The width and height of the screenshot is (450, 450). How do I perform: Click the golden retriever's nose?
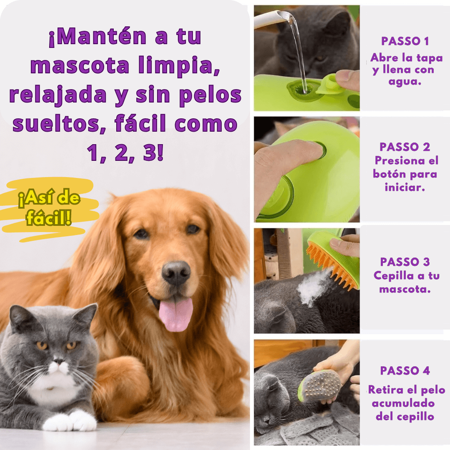pyautogui.click(x=176, y=273)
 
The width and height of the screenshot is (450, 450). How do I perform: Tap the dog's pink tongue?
pyautogui.click(x=176, y=314)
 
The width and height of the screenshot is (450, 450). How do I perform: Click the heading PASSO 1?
pyautogui.click(x=405, y=41)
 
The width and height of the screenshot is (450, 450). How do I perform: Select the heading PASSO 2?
pyautogui.click(x=405, y=147)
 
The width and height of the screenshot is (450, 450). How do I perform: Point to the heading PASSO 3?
pyautogui.click(x=405, y=262)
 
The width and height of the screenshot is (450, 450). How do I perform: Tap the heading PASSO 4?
pyautogui.click(x=405, y=370)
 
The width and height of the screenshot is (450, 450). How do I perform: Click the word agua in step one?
pyautogui.click(x=405, y=82)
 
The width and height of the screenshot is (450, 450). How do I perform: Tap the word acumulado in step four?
pyautogui.click(x=403, y=403)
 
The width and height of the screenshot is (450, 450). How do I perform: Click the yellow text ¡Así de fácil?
pyautogui.click(x=49, y=207)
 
